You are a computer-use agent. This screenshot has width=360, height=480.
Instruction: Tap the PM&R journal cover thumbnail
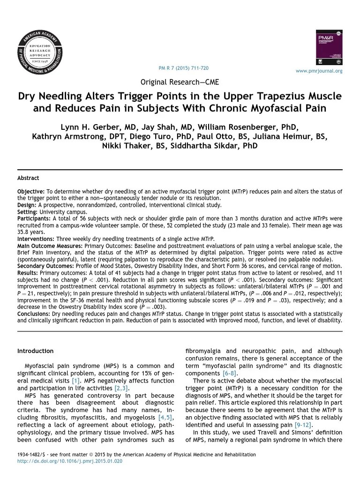(x=330, y=48)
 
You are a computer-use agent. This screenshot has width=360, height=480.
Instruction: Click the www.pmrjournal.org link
(x=319, y=71)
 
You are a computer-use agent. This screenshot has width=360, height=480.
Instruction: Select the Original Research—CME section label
(x=180, y=82)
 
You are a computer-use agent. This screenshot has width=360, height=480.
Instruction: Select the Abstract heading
(x=28, y=178)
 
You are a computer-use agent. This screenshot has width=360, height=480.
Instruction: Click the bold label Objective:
(x=31, y=192)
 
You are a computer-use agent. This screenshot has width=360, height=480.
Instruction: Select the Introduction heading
(x=35, y=351)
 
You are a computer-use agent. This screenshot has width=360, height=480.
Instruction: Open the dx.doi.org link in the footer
(x=70, y=461)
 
